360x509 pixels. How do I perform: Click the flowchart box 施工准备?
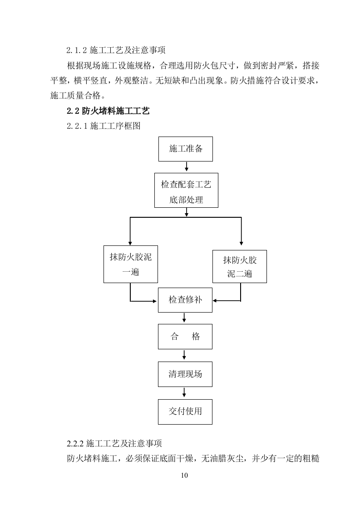pos(185,148)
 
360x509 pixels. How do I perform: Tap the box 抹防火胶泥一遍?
pos(130,264)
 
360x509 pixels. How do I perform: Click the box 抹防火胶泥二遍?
pos(240,266)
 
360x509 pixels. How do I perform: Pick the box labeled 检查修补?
pos(185,300)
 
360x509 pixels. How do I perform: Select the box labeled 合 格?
pos(185,337)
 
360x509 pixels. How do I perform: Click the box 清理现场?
pos(185,374)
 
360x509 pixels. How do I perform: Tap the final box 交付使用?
pos(185,411)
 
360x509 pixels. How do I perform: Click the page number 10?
pos(184,475)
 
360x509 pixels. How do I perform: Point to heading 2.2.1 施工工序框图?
pos(104,126)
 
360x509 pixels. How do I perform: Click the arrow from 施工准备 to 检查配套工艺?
pos(186,166)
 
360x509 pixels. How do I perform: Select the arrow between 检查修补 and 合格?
pos(184,318)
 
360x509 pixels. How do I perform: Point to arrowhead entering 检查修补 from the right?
pos(216,300)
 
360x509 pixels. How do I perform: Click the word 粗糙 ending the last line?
pos(311,459)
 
